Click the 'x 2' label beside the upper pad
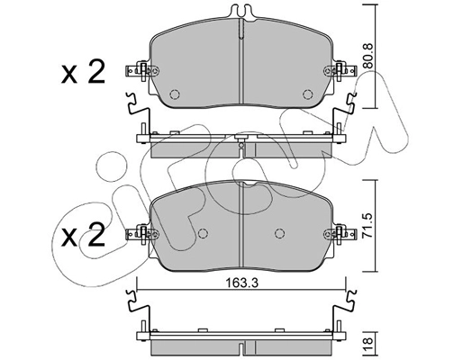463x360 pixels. point(83,72)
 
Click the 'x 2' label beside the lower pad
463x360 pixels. point(83,238)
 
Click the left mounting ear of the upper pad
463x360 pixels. point(140,69)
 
